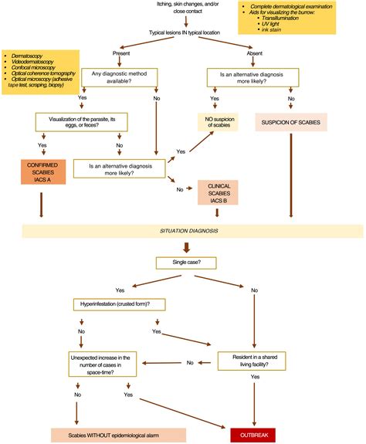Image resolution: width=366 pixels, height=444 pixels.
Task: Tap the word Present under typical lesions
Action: click(x=120, y=54)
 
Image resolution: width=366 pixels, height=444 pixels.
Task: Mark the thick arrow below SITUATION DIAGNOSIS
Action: click(x=185, y=248)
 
